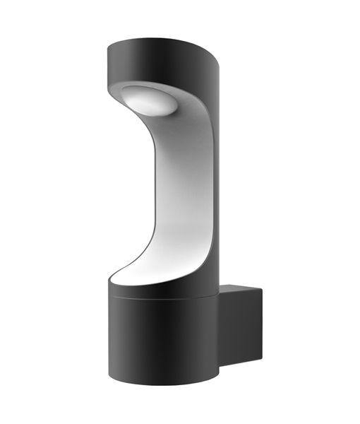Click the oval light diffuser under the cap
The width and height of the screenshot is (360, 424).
[x=150, y=100]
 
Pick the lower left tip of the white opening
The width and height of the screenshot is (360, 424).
[x=112, y=277]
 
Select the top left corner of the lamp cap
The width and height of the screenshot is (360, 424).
[x=108, y=48]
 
